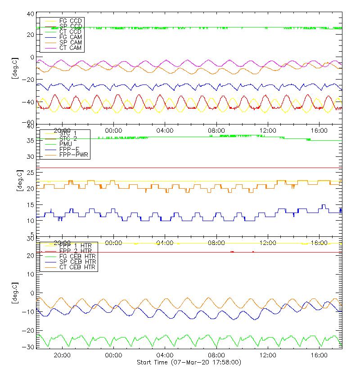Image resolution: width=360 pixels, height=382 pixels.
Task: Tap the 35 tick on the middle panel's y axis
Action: pyautogui.click(x=31, y=141)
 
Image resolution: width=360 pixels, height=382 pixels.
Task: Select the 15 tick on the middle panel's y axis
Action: pyautogui.click(x=31, y=205)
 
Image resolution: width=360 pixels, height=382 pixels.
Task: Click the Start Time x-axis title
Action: pyautogui.click(x=189, y=362)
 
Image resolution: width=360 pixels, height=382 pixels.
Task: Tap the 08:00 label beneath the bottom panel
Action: pyautogui.click(x=217, y=355)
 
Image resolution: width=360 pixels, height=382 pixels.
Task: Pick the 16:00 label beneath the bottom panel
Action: pyautogui.click(x=319, y=355)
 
